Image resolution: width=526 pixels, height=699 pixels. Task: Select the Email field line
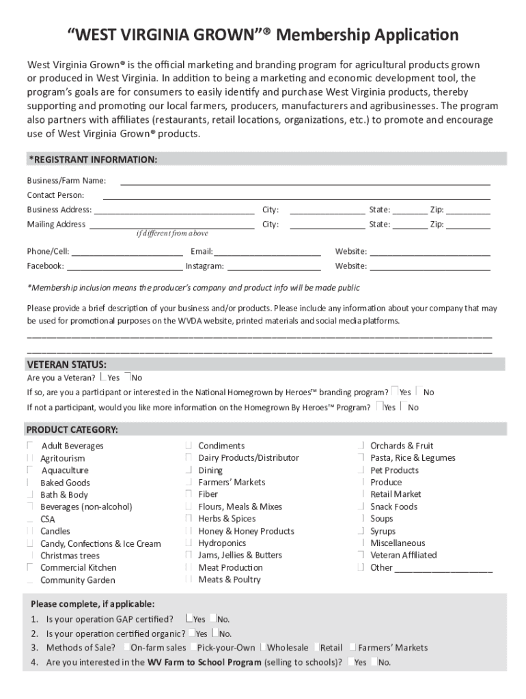[x=268, y=252]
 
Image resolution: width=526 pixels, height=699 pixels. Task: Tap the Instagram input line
[x=273, y=267]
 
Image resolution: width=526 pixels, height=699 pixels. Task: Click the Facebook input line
[x=124, y=267]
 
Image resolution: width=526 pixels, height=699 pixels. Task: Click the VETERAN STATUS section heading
[x=66, y=364]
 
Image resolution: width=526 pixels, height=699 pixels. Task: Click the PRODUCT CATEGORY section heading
[x=72, y=429]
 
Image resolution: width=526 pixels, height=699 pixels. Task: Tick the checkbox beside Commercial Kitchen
[x=31, y=567]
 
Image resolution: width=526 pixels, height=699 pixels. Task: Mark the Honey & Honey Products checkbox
[x=188, y=531]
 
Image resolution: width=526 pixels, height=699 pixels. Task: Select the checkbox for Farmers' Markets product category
[x=188, y=482]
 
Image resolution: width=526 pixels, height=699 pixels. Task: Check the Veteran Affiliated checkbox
[x=360, y=555]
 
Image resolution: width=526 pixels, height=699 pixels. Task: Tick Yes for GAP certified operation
[x=189, y=618]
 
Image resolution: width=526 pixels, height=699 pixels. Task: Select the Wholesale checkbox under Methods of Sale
[x=263, y=647]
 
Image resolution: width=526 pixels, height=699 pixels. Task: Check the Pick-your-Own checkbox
[x=193, y=647]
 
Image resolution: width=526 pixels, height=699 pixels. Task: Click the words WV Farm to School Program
[x=204, y=662]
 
